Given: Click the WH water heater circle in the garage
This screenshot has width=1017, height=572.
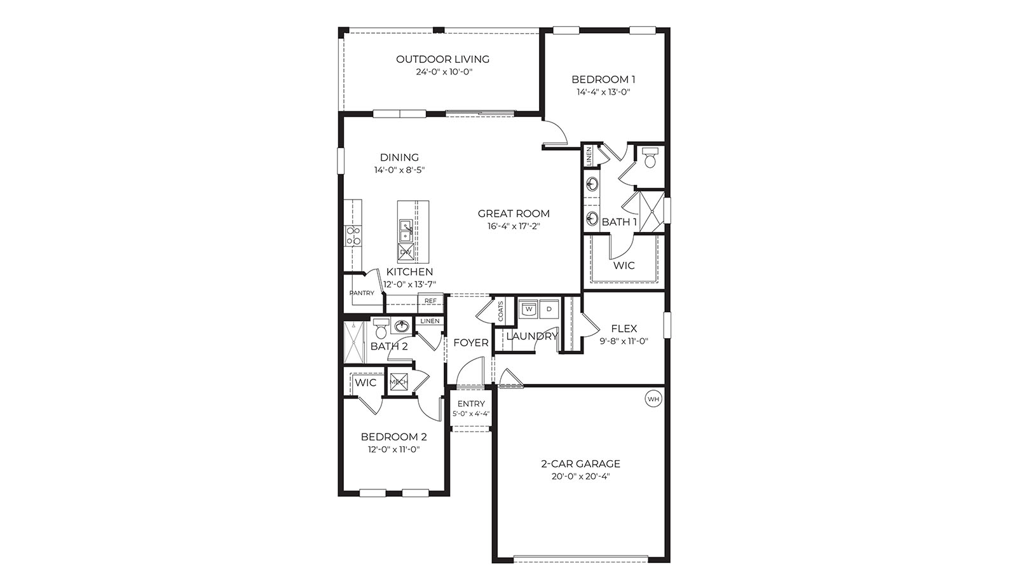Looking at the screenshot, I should click(x=653, y=399).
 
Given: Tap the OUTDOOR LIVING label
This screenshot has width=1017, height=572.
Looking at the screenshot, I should click(x=442, y=59).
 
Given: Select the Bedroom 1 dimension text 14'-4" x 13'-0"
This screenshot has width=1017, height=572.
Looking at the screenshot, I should click(x=603, y=92).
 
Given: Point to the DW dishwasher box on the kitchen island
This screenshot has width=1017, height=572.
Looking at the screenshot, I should click(x=406, y=252).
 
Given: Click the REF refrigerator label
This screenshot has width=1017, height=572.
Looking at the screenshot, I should click(x=430, y=301).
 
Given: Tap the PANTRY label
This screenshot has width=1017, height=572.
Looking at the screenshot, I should click(x=362, y=293).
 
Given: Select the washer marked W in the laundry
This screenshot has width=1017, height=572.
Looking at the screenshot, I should click(x=528, y=309).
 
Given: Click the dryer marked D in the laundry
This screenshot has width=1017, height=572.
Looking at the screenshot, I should click(x=549, y=309).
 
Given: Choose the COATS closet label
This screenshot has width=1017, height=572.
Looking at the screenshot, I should click(x=501, y=311).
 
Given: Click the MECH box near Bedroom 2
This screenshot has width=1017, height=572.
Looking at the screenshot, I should click(x=399, y=382).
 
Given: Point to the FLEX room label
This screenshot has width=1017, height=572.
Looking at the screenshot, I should click(x=624, y=329).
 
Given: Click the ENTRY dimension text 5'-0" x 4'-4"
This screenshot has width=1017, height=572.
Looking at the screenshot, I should click(x=471, y=414).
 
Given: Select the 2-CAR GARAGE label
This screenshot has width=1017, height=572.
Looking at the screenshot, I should click(x=580, y=464).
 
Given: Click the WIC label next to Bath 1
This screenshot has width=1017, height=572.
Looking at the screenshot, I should click(x=624, y=265).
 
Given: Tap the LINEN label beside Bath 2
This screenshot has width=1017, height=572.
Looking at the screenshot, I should click(x=430, y=321).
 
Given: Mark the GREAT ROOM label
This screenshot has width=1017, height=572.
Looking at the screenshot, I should click(x=514, y=214).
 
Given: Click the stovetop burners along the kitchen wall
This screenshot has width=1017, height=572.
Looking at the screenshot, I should click(x=353, y=236).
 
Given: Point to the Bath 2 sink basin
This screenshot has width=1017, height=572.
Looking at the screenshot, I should click(x=401, y=327).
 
